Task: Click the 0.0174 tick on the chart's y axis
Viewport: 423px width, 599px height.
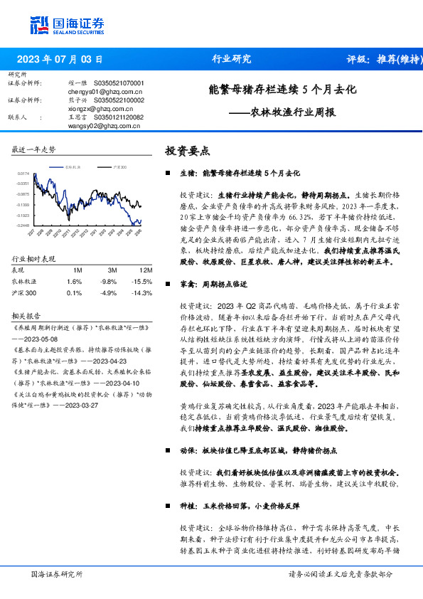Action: tap(23, 173)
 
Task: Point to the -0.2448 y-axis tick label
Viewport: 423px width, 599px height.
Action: tap(23, 225)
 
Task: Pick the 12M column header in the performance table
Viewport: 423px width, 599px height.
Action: tap(146, 270)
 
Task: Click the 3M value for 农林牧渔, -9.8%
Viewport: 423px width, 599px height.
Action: tap(112, 282)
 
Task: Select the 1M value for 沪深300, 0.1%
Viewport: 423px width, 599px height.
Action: tap(74, 292)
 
